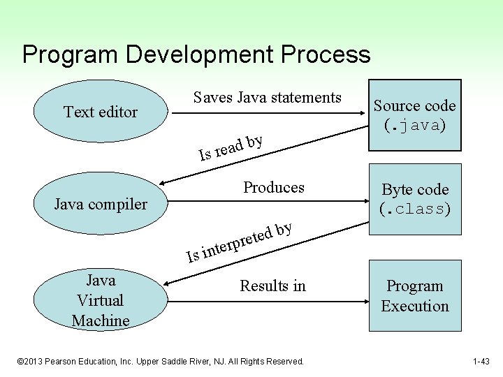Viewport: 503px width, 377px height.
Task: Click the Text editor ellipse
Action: (x=101, y=112)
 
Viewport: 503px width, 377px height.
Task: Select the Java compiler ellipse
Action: (x=101, y=205)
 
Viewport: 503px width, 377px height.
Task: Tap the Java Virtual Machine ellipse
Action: (x=101, y=300)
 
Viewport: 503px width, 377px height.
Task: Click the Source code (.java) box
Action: (x=414, y=115)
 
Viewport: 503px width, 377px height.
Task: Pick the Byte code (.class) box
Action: (x=414, y=199)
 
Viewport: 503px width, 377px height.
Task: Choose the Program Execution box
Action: (x=414, y=296)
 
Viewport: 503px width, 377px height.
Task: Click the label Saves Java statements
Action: (x=267, y=98)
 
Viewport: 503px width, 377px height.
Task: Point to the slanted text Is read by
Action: (x=231, y=147)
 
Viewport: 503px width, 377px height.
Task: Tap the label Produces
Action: (x=273, y=187)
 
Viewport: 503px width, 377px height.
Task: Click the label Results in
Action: (x=272, y=286)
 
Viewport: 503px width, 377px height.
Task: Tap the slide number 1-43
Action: (x=481, y=361)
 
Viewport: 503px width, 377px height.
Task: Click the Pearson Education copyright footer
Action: (x=161, y=361)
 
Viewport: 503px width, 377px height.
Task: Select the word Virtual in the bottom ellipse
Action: (x=101, y=300)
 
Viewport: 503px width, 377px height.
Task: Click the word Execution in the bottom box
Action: (x=415, y=306)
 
